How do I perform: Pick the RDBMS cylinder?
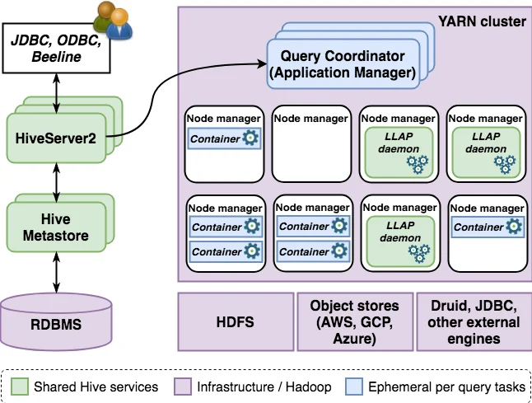tap(55, 323)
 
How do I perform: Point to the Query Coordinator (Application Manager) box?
tap(343, 64)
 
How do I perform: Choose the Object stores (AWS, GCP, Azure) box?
tap(354, 322)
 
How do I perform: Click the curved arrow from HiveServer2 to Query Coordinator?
tap(165, 91)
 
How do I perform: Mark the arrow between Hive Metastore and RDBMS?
tap(55, 271)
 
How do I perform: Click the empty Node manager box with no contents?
tap(310, 143)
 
